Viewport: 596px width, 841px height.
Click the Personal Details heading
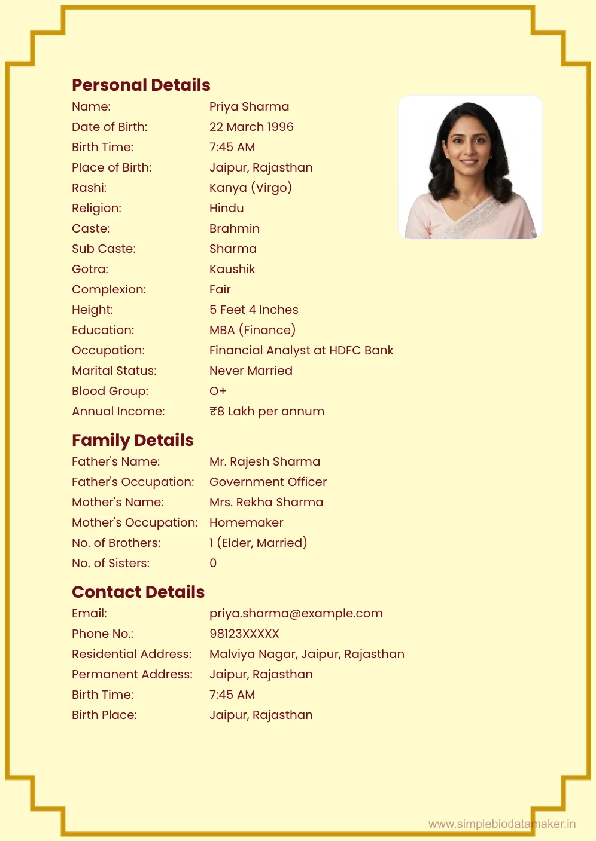[x=141, y=85]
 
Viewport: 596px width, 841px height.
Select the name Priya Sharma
[x=249, y=106]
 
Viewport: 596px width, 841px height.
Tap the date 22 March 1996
[x=251, y=127]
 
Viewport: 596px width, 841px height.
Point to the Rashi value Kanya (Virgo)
[x=250, y=188]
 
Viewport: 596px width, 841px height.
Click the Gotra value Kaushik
[x=232, y=269]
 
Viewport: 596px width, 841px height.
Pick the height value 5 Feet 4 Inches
[x=254, y=310]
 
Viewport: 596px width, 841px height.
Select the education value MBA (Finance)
[x=252, y=330]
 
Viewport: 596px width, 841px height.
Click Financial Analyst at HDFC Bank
[x=301, y=350]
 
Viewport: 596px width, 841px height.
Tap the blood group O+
[x=218, y=391]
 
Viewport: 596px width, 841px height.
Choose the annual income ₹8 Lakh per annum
[x=267, y=411]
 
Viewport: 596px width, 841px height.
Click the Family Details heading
[x=132, y=440]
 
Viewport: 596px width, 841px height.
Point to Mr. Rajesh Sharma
[x=264, y=461]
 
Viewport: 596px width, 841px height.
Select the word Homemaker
[x=246, y=522]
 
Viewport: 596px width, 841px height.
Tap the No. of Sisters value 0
[x=213, y=563]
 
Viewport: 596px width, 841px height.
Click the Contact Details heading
[x=138, y=592]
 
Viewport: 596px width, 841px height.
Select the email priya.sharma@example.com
[x=296, y=613]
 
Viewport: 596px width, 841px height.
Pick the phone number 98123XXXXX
[x=244, y=634]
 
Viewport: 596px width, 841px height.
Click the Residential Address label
[x=132, y=654]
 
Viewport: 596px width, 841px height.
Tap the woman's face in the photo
[x=469, y=147]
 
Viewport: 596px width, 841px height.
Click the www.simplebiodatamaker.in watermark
[x=502, y=824]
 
